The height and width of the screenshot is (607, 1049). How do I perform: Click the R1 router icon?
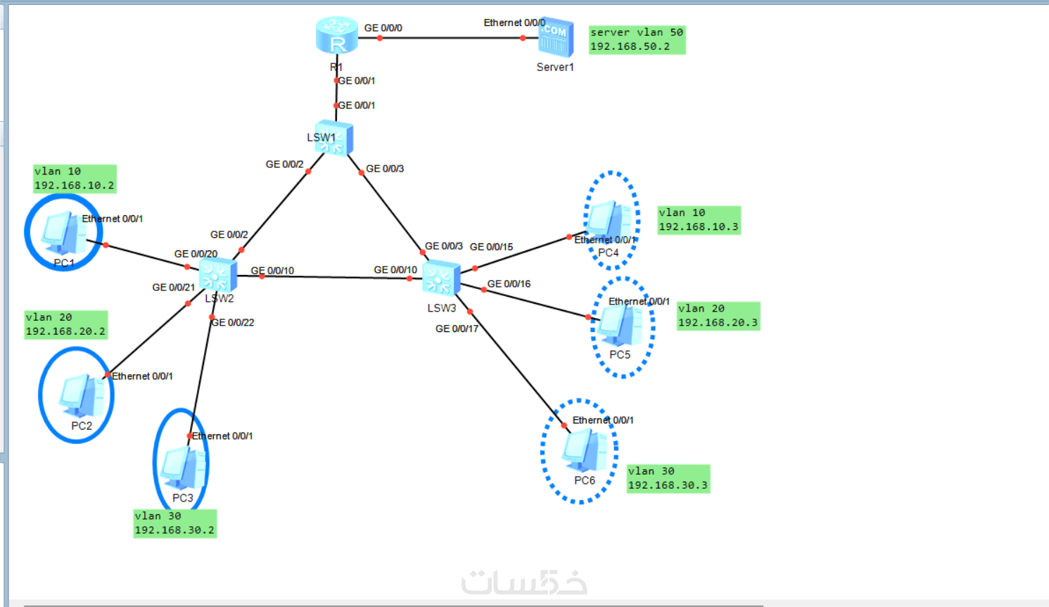pyautogui.click(x=337, y=36)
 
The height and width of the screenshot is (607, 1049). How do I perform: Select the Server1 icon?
pyautogui.click(x=555, y=38)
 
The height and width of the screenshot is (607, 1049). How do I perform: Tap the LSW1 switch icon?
pyautogui.click(x=334, y=139)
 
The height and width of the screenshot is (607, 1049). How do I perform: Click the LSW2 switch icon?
pyautogui.click(x=217, y=274)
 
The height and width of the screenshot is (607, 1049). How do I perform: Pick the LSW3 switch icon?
pyautogui.click(x=441, y=278)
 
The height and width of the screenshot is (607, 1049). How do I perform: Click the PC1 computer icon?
pyautogui.click(x=63, y=233)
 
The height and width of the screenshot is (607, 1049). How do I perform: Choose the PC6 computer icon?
pyautogui.click(x=584, y=450)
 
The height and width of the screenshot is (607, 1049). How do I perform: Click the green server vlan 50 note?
pyautogui.click(x=637, y=39)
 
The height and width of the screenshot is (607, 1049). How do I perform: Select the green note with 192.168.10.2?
pyautogui.click(x=75, y=179)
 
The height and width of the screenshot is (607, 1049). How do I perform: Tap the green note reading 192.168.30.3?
pyautogui.click(x=668, y=478)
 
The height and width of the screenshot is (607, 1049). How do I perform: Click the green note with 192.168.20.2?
pyautogui.click(x=65, y=324)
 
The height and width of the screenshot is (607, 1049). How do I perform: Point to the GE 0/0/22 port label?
pyautogui.click(x=233, y=323)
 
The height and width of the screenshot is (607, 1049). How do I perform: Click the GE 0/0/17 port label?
pyautogui.click(x=457, y=328)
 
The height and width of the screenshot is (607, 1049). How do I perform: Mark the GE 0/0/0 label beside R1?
pyautogui.click(x=383, y=28)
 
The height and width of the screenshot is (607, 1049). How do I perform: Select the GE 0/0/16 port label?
pyautogui.click(x=509, y=284)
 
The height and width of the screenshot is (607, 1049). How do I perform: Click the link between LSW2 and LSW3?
pyautogui.click(x=331, y=277)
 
